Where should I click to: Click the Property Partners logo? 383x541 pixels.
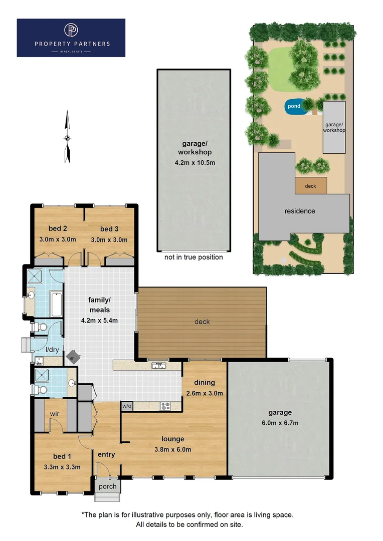(x=71, y=38)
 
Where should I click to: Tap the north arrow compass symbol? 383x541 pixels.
(x=67, y=138)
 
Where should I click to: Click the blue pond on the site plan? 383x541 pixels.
(x=294, y=106)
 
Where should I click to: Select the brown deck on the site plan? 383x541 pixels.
(x=311, y=186)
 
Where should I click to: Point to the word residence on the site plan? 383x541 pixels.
(x=300, y=211)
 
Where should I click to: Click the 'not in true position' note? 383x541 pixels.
(x=194, y=257)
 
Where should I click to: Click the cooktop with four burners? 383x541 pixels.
(x=165, y=406)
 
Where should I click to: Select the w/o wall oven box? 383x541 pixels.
(x=126, y=406)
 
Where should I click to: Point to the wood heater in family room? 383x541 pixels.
(x=74, y=356)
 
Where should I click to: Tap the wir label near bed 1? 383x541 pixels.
(x=55, y=414)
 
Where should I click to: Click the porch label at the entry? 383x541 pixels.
(x=107, y=486)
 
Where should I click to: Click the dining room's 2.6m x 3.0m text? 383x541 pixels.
(x=204, y=393)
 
